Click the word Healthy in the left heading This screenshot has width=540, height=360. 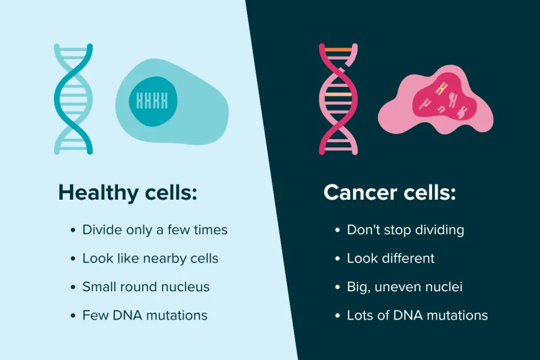click(99, 193)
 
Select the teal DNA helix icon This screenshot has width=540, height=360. click(73, 99)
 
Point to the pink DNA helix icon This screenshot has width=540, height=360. click(338, 99)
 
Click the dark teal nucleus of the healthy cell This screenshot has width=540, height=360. click(153, 101)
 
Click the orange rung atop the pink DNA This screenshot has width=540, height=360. click(338, 50)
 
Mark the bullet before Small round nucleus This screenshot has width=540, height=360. click(73, 287)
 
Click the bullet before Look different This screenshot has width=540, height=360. click(338, 258)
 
